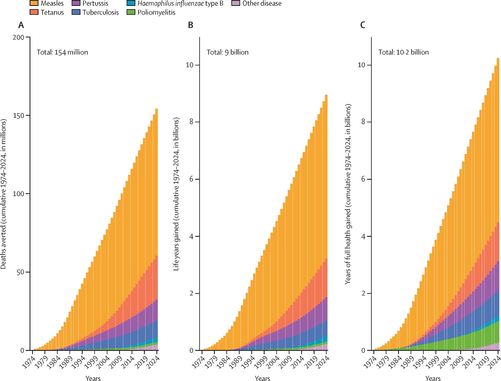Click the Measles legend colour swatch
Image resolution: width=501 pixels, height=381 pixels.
point(34,3)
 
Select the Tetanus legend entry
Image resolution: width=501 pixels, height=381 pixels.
point(52,12)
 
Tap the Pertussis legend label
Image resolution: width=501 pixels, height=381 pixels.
point(95,3)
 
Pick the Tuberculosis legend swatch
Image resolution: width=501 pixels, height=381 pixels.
point(76,12)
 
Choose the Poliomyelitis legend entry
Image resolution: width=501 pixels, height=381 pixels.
point(156,12)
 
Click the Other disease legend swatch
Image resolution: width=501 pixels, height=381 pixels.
point(236,3)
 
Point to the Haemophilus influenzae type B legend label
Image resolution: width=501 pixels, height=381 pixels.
point(180,3)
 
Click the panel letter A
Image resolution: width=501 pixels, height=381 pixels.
point(21,25)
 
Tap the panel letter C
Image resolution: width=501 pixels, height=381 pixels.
point(362,25)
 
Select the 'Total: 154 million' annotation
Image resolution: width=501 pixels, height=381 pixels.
point(62,52)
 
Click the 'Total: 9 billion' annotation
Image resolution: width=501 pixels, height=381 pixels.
point(227,52)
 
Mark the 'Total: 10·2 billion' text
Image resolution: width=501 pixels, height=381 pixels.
point(403,52)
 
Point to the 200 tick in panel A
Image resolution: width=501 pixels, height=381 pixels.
point(19,38)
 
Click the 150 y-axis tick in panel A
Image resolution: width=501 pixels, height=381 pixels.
point(19,116)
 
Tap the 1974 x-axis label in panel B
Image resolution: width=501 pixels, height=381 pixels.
point(198,362)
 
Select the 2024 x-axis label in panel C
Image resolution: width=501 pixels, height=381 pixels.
point(495,362)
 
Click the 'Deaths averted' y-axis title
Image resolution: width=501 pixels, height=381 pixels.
point(3,194)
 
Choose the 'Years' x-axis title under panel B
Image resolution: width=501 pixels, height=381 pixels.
point(262,378)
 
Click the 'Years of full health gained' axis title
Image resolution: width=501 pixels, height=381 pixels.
point(348,194)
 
